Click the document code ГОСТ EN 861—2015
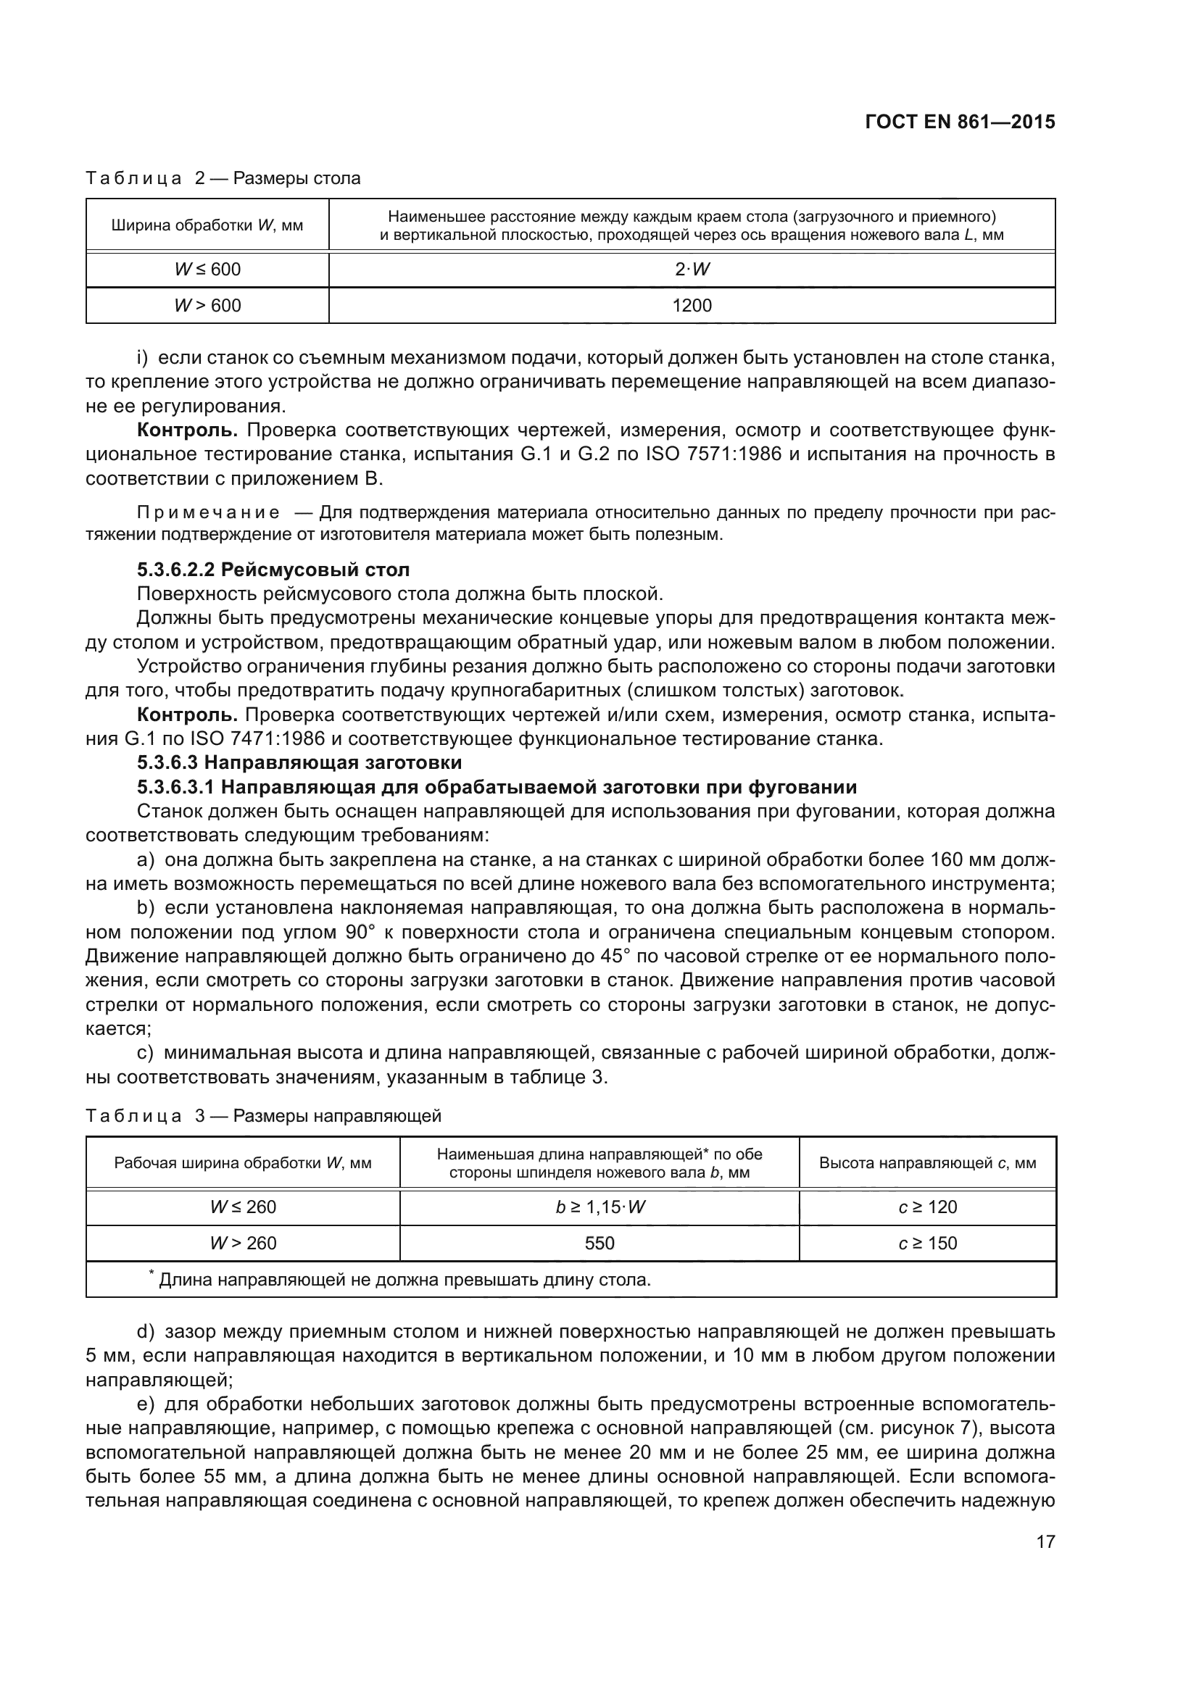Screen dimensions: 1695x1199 (x=959, y=122)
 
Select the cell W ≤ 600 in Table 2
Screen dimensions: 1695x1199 (x=207, y=270)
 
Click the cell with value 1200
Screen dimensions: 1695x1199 (x=692, y=306)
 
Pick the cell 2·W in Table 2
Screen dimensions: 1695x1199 (x=692, y=270)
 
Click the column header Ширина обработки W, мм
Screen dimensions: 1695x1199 (x=207, y=225)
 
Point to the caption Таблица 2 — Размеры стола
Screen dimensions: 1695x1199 (x=223, y=178)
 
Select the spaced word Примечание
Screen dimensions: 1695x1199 (x=209, y=513)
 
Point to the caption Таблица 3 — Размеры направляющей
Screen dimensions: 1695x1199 (x=264, y=1115)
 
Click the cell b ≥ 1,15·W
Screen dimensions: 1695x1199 (x=599, y=1207)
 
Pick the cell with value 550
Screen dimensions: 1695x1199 (x=599, y=1244)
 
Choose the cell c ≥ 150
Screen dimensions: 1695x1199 (x=927, y=1244)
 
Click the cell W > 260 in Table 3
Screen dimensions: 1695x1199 (x=243, y=1244)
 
